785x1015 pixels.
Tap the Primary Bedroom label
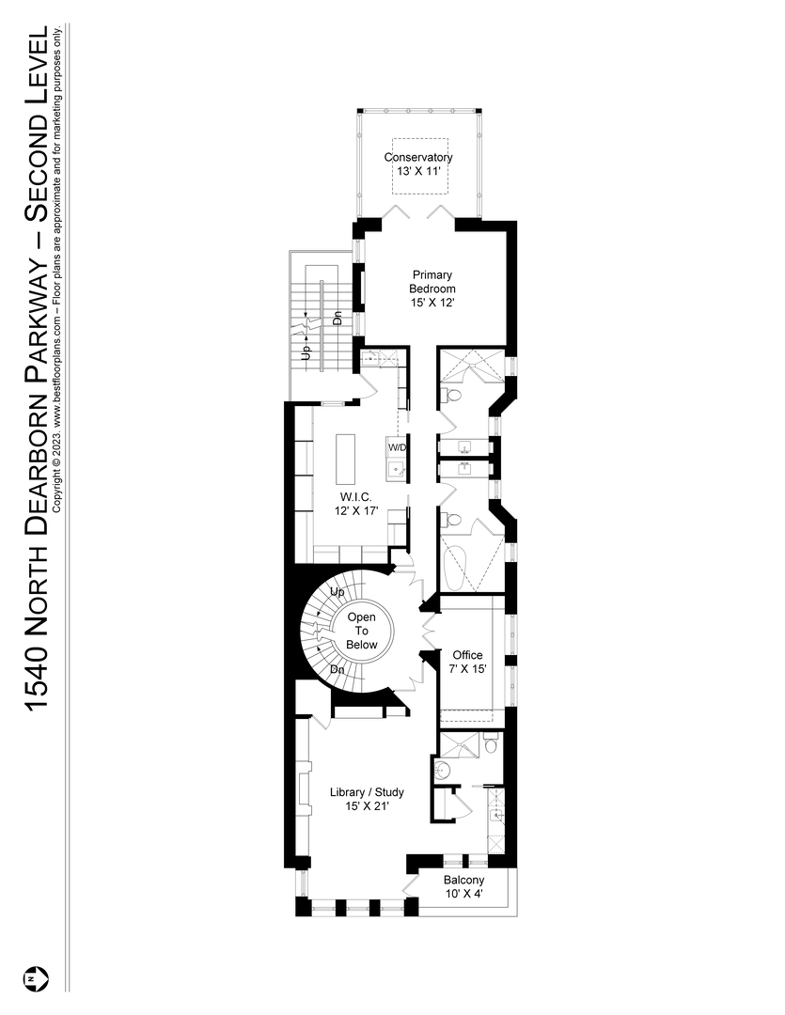[432, 289]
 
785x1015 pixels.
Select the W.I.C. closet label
[353, 503]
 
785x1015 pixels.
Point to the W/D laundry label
[396, 447]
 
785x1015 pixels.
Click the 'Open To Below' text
[362, 631]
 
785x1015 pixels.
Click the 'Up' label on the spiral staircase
[336, 592]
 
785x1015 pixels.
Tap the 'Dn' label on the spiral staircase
[337, 669]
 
